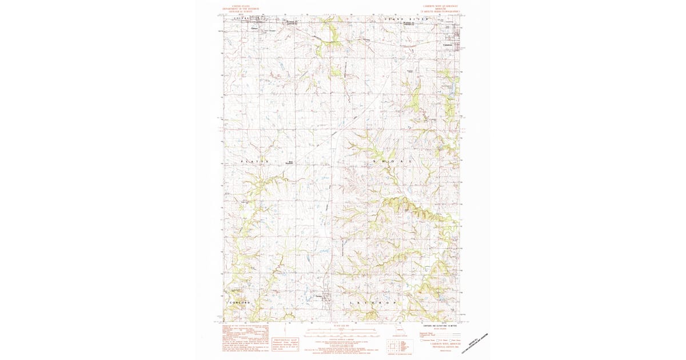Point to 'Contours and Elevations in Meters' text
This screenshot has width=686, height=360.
point(438,325)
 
